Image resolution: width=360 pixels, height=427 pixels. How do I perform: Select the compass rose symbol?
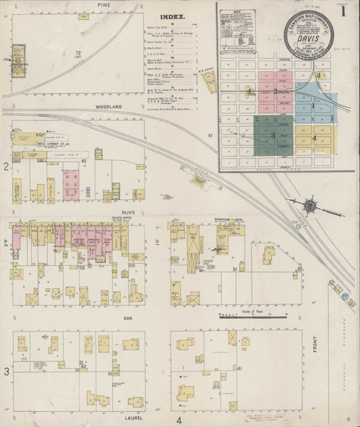(310, 207)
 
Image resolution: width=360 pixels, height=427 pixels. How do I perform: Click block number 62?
(83, 162)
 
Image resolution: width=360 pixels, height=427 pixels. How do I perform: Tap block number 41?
(240, 368)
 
